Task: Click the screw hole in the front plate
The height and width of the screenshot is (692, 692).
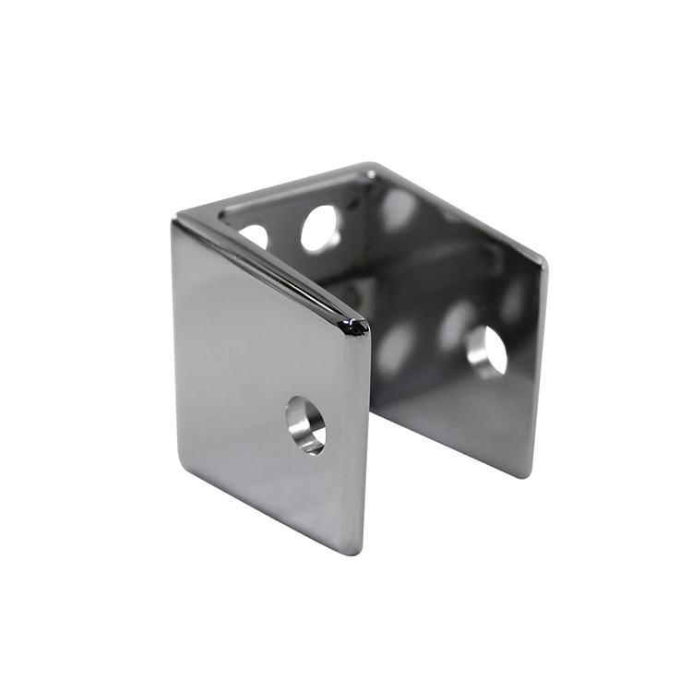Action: pyautogui.click(x=305, y=424)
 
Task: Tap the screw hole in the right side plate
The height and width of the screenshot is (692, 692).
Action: pyautogui.click(x=487, y=352)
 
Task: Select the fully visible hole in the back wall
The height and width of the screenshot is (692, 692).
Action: pyautogui.click(x=320, y=229)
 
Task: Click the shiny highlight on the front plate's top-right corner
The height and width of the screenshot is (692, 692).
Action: pyautogui.click(x=352, y=325)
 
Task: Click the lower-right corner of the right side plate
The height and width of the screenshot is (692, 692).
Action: pyautogui.click(x=526, y=474)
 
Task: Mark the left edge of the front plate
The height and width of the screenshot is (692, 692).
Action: pyautogui.click(x=173, y=341)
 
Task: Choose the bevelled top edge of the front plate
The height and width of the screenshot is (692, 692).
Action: pyautogui.click(x=268, y=268)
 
